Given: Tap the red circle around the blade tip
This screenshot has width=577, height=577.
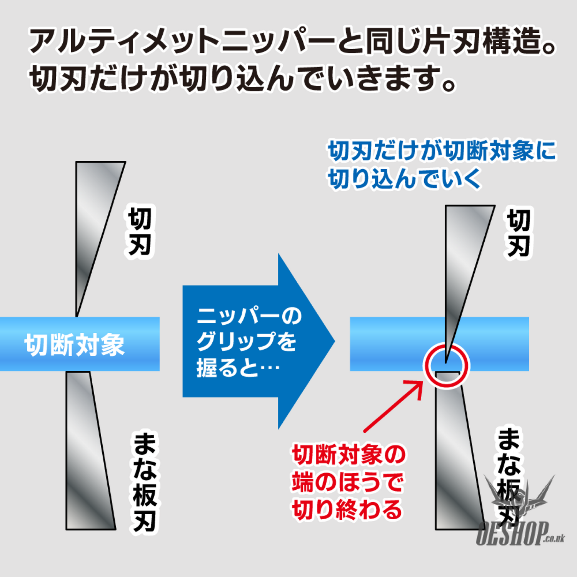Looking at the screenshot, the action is click(446, 366).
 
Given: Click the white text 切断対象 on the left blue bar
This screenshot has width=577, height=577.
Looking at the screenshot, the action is click(75, 345).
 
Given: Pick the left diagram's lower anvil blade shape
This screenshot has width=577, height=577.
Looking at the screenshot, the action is click(90, 450).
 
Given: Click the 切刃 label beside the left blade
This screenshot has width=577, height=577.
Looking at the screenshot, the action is click(140, 232).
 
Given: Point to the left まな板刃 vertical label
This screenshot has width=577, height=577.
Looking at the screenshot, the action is click(145, 482).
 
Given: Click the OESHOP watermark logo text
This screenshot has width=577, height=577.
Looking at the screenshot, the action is click(520, 534).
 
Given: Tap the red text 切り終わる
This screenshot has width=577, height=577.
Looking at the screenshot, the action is click(347, 510).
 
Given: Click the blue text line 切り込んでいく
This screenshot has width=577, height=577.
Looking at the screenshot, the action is click(404, 178).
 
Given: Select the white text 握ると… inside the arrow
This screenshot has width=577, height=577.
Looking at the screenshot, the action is click(238, 367).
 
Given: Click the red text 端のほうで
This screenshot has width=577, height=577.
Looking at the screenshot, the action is click(347, 482).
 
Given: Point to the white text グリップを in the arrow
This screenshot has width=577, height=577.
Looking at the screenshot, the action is click(247, 341).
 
